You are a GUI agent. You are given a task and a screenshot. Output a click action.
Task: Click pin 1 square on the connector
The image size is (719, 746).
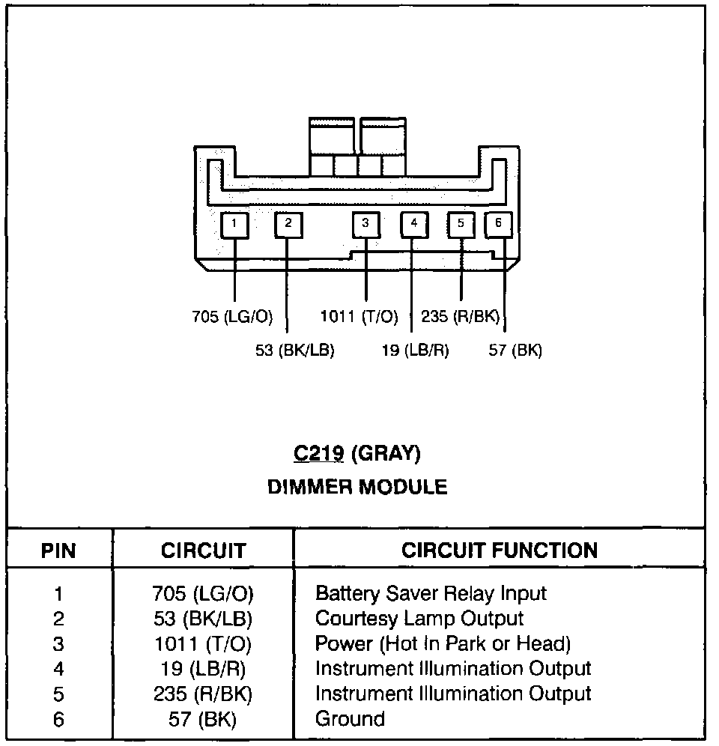(234, 224)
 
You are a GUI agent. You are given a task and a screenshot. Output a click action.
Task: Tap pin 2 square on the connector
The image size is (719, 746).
(288, 223)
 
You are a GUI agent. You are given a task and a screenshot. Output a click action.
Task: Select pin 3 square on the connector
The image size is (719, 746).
(365, 223)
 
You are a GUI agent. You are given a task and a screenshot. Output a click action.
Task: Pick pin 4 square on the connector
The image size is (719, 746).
(413, 223)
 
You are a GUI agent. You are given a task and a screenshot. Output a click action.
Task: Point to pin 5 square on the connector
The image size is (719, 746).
(461, 223)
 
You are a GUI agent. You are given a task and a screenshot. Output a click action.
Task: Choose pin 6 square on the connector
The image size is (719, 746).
(499, 223)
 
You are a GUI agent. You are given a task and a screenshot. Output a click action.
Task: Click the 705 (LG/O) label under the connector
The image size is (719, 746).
(232, 317)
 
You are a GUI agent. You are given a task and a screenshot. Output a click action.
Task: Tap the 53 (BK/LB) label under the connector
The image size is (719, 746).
(294, 350)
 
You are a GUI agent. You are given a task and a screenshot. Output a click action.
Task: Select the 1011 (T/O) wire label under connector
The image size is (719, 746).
(359, 317)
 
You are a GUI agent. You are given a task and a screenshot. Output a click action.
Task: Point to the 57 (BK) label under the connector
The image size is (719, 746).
(515, 350)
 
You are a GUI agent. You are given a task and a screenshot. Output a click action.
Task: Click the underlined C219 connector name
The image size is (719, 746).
(318, 453)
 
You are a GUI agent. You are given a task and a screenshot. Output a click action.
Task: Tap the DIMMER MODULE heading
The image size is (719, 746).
(357, 488)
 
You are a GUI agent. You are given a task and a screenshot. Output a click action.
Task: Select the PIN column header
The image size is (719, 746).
(58, 551)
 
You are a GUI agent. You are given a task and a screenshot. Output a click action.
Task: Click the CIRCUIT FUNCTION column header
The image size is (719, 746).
(500, 551)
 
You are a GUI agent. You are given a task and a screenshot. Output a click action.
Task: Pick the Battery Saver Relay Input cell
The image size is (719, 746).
(431, 594)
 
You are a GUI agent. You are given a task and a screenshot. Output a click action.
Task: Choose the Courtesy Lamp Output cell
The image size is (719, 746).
(419, 619)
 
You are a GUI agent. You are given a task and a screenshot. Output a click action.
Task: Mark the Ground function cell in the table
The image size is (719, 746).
(350, 719)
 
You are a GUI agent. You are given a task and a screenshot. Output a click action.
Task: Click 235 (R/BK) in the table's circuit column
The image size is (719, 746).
(203, 694)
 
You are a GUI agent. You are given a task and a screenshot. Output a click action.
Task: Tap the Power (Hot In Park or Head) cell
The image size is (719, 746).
(443, 643)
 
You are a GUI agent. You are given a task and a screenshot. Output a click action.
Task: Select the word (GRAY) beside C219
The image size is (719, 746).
(386, 453)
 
